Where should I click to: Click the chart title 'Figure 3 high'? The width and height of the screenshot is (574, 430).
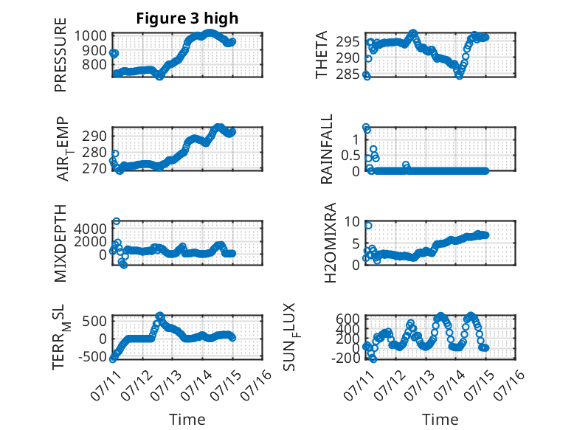(187, 18)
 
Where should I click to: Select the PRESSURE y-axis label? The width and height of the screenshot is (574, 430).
(60, 55)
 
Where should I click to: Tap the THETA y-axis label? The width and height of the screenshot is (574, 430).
(322, 55)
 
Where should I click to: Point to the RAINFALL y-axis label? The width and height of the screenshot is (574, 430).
(327, 148)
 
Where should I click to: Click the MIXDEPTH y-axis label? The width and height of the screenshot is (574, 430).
(60, 243)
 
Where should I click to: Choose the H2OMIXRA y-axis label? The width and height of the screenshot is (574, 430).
(331, 243)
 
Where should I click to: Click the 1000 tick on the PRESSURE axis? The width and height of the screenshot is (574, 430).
(91, 36)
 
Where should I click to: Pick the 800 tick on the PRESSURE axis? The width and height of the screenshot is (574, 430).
(94, 65)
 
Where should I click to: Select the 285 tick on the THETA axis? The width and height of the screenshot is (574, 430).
(348, 74)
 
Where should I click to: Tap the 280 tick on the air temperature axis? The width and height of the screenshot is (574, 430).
(94, 152)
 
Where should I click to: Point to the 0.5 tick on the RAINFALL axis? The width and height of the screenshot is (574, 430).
(350, 156)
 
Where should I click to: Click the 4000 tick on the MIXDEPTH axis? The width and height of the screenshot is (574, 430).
(91, 229)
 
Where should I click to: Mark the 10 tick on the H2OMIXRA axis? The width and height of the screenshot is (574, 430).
(353, 221)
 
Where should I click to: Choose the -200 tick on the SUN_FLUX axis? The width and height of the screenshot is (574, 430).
(346, 357)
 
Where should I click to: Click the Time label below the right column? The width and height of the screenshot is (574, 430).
(440, 420)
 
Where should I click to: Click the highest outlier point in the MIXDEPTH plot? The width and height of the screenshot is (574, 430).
(117, 221)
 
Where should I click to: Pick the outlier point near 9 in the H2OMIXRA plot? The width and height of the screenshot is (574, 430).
(368, 226)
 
